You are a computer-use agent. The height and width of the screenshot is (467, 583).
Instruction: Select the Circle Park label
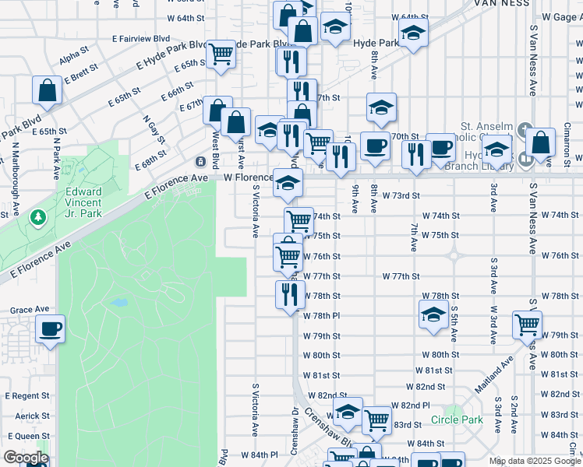pyautogui.click(x=457, y=420)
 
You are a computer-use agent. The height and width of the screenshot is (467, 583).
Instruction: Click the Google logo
pyautogui.click(x=26, y=458)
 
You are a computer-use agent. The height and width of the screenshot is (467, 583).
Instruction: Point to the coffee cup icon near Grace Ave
pyautogui.click(x=50, y=329)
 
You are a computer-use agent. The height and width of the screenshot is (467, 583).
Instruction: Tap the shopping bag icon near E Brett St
pyautogui.click(x=48, y=90)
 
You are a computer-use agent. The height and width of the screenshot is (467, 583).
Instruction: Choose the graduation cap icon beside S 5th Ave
pyautogui.click(x=433, y=314)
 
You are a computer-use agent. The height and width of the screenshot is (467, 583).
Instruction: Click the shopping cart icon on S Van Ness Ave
pyautogui.click(x=527, y=324)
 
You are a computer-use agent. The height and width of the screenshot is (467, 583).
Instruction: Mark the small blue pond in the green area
pyautogui.click(x=118, y=303)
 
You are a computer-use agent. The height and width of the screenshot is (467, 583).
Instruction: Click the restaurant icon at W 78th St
pyautogui.click(x=288, y=294)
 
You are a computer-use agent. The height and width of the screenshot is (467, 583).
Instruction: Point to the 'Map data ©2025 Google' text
pyautogui.click(x=535, y=461)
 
